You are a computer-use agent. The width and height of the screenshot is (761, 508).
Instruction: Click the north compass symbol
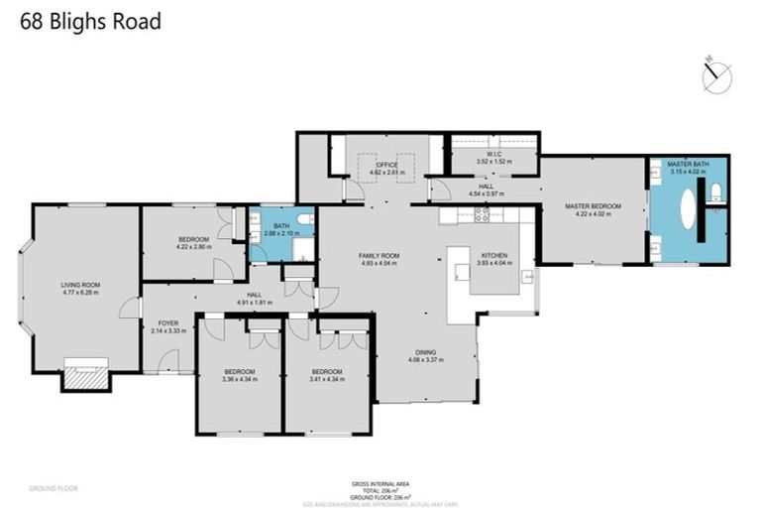[715, 75]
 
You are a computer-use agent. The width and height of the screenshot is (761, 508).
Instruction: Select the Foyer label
[167, 323]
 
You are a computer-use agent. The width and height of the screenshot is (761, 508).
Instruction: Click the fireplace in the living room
[83, 373]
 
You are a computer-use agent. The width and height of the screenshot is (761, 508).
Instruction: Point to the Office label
[376, 167]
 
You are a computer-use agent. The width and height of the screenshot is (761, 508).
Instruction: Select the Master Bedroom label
[593, 205]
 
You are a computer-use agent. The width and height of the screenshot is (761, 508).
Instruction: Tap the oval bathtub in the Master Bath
[686, 210]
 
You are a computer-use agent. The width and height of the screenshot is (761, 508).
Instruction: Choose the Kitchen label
[493, 255]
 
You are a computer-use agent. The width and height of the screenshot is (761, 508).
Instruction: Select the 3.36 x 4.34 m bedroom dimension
[241, 379]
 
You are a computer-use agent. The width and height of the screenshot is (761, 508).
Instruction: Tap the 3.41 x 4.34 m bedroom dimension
[328, 379]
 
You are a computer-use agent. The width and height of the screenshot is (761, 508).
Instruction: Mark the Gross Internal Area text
[380, 483]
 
